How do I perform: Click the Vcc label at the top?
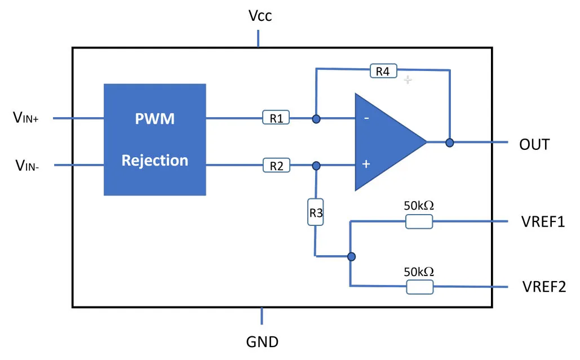point(260,16)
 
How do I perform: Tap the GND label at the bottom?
point(262,341)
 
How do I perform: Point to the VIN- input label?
point(26,165)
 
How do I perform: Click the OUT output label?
point(534,144)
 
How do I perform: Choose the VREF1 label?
point(543,221)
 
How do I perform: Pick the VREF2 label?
point(543,286)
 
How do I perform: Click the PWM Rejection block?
point(154,140)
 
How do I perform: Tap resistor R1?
point(276,118)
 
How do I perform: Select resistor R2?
point(276,166)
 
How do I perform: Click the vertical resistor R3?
point(316,212)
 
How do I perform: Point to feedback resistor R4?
point(383,71)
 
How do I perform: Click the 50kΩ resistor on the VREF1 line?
point(419,222)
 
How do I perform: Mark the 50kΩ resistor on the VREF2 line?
point(419,287)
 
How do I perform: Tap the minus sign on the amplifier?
point(366,118)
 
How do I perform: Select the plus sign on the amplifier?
point(366,165)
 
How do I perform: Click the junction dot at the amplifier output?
point(450,143)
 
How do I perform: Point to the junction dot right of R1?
point(316,119)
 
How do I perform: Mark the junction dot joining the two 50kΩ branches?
point(351,257)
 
